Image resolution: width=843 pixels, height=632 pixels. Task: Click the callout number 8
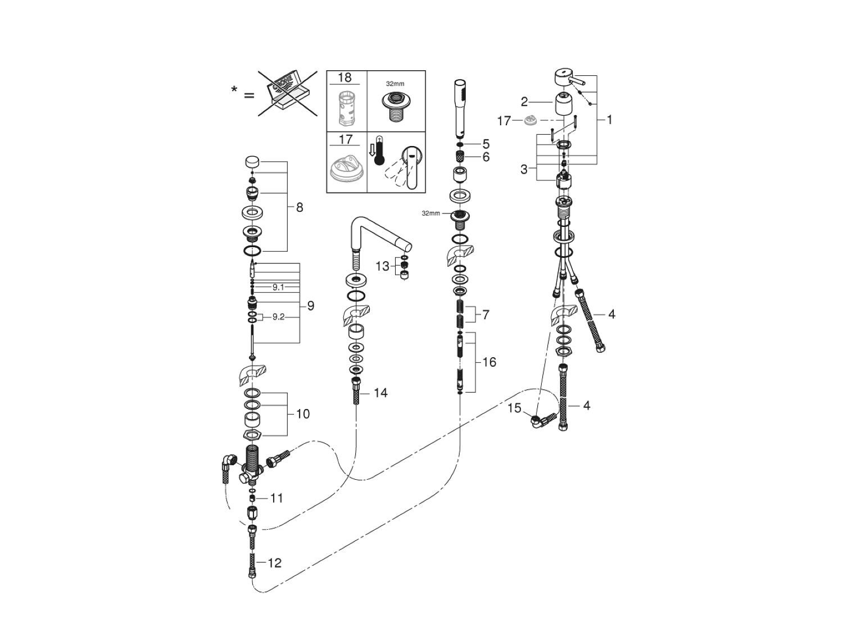point(300,207)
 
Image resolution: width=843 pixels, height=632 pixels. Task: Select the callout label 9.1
point(278,287)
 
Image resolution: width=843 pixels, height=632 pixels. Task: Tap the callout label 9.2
point(278,317)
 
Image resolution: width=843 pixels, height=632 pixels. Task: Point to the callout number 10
point(302,414)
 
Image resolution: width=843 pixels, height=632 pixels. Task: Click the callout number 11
point(276,498)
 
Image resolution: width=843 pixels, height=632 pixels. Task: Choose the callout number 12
point(274,562)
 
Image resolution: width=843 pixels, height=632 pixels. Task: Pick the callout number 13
point(382,266)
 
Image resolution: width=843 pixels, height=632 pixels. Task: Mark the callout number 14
point(380,393)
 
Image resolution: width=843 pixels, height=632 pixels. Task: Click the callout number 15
point(515,408)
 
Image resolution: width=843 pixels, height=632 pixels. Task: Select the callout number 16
point(489,362)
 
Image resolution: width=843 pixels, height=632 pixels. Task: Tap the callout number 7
point(486,315)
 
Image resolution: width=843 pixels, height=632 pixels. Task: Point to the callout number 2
point(524,102)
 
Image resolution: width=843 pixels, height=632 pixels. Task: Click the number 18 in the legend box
point(345,78)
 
